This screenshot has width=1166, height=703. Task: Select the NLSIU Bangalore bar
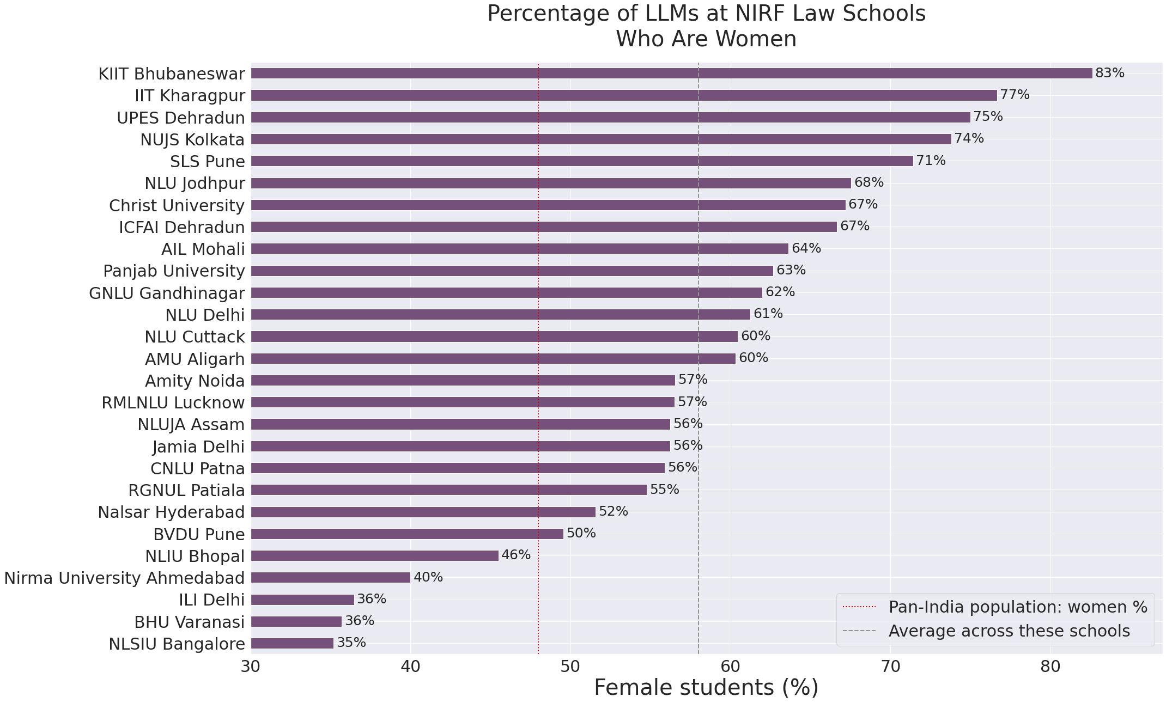[x=292, y=644]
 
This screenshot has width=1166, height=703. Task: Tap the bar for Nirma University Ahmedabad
[x=330, y=578]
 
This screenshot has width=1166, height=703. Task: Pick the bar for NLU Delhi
[x=500, y=315]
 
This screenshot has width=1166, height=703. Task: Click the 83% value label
[x=1109, y=73]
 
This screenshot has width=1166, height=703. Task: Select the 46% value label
[x=515, y=555]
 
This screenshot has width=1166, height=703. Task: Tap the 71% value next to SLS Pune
[x=931, y=161]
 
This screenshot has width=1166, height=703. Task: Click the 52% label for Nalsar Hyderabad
[x=613, y=511]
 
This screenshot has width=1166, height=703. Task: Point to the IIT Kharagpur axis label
[x=190, y=96]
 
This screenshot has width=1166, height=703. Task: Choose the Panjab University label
[x=174, y=271]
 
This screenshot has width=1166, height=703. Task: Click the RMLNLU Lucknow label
[x=173, y=403]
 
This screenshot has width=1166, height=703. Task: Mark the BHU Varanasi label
[x=189, y=622]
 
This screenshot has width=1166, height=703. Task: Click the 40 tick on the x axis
[x=410, y=667]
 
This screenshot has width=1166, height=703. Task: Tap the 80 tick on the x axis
[x=1050, y=667]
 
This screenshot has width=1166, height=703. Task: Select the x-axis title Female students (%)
[x=706, y=688]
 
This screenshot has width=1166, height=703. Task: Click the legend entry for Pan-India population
[x=1017, y=607]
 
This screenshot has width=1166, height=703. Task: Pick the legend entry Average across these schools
[x=1009, y=631]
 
